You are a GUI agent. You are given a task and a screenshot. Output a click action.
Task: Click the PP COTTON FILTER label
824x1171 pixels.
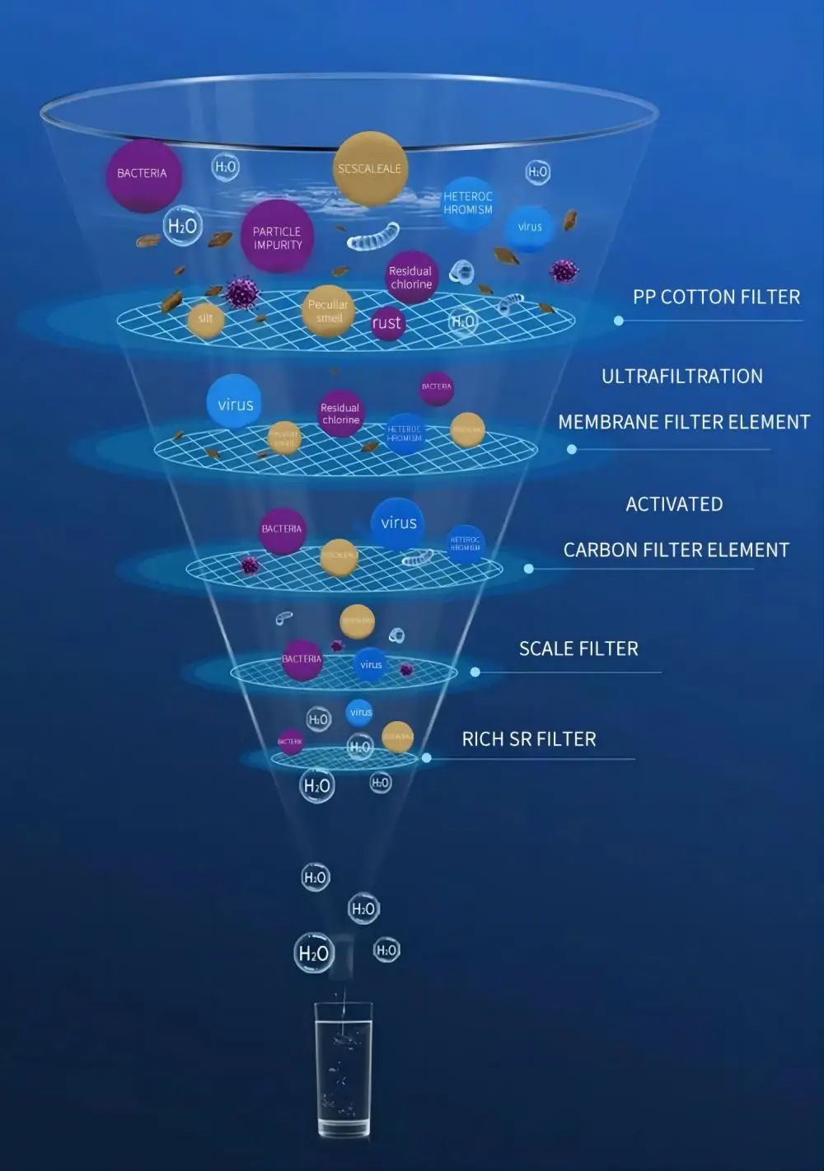coord(716,297)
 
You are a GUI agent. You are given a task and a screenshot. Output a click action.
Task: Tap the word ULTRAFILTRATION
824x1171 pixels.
coord(681,377)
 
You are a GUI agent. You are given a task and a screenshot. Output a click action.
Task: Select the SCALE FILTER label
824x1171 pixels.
coord(578,649)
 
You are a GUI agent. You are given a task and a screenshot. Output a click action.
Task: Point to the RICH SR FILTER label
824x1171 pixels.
coord(528,739)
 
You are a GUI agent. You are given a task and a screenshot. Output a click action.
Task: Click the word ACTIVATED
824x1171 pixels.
coord(673,504)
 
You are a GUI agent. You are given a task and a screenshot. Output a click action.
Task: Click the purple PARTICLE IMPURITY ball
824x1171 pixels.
coord(278,237)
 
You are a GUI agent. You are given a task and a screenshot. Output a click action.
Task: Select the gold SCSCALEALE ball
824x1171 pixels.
coord(369,169)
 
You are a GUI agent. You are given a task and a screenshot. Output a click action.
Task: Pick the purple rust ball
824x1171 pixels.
coord(386,323)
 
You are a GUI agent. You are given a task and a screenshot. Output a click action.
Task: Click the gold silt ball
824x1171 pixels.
coord(205,319)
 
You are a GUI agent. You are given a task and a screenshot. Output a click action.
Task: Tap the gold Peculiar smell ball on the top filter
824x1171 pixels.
coord(328,311)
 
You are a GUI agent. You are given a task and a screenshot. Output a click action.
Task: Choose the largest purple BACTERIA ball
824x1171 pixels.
coord(143,174)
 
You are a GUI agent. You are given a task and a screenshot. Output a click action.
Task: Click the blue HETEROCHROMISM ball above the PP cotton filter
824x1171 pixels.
coord(468,203)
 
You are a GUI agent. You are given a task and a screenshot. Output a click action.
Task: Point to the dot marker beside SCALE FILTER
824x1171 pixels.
coord(475,672)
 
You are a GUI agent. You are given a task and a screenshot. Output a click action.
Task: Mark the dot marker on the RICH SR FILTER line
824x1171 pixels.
coord(427,758)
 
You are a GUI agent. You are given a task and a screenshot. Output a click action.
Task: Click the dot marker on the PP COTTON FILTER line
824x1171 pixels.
coord(619,321)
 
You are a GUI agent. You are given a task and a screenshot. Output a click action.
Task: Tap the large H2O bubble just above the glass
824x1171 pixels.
coord(313,953)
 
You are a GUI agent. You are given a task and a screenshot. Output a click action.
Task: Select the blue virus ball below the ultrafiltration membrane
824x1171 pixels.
coord(399,523)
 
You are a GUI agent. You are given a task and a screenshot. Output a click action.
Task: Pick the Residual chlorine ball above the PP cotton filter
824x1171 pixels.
coord(410,278)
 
